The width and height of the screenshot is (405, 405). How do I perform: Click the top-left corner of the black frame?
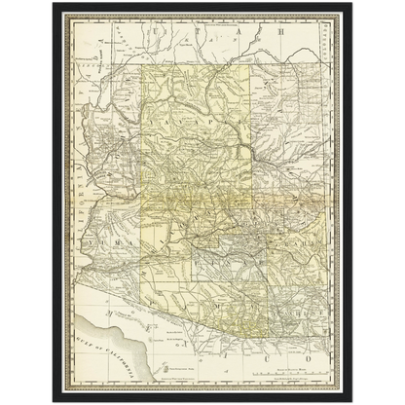pos(52,3)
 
